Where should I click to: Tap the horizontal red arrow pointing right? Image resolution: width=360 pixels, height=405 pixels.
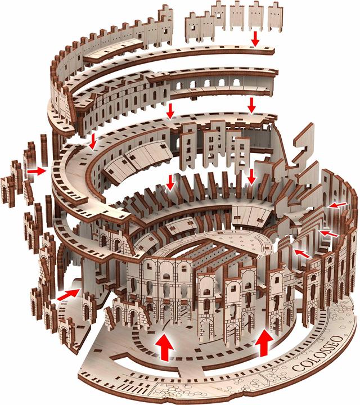[37, 169]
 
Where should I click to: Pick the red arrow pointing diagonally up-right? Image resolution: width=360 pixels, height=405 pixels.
[67, 294]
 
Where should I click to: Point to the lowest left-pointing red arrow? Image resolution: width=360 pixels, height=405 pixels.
[301, 254]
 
